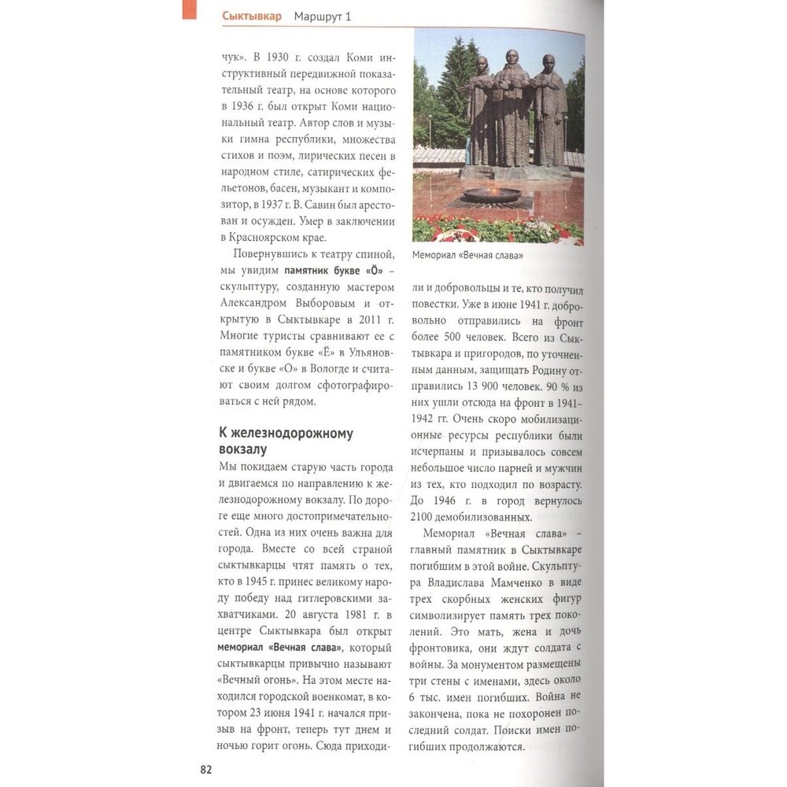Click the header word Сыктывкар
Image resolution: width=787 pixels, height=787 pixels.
coord(252,16)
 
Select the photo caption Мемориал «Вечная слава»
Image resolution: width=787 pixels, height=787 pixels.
coord(467,256)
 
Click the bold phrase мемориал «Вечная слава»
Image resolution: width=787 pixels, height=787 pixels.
coord(279,648)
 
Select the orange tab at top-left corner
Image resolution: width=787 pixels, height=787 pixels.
coord(190,9)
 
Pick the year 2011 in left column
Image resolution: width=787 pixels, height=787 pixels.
coord(367,320)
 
